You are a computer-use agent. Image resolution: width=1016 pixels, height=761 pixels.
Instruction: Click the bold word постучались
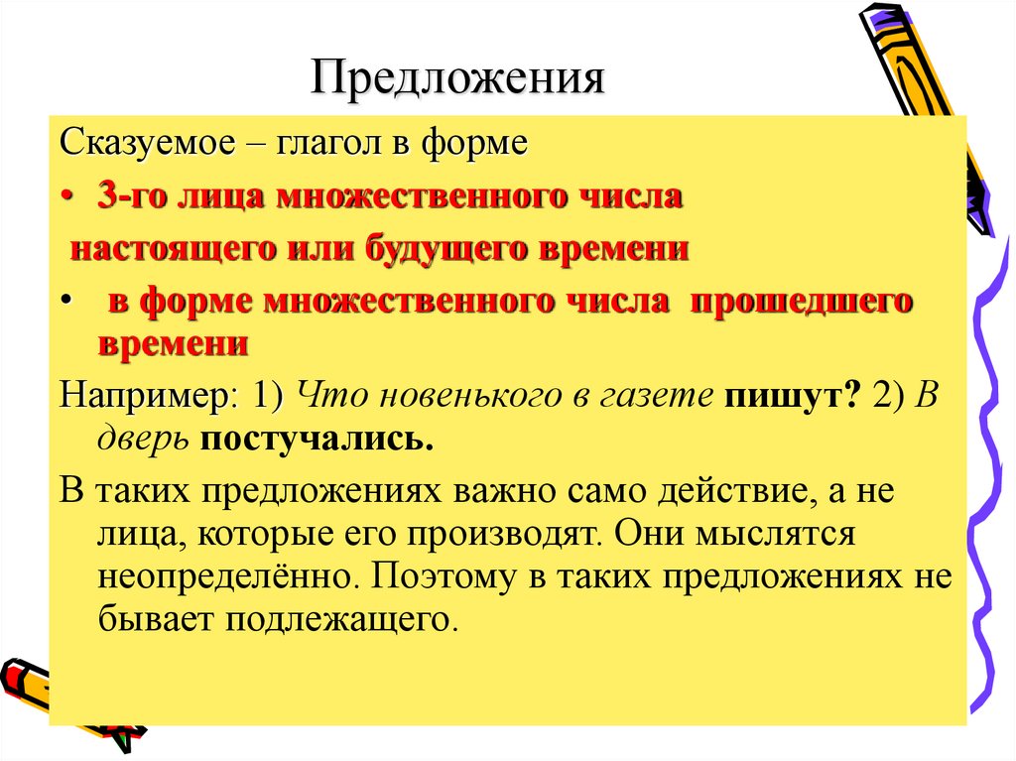tap(317, 439)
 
